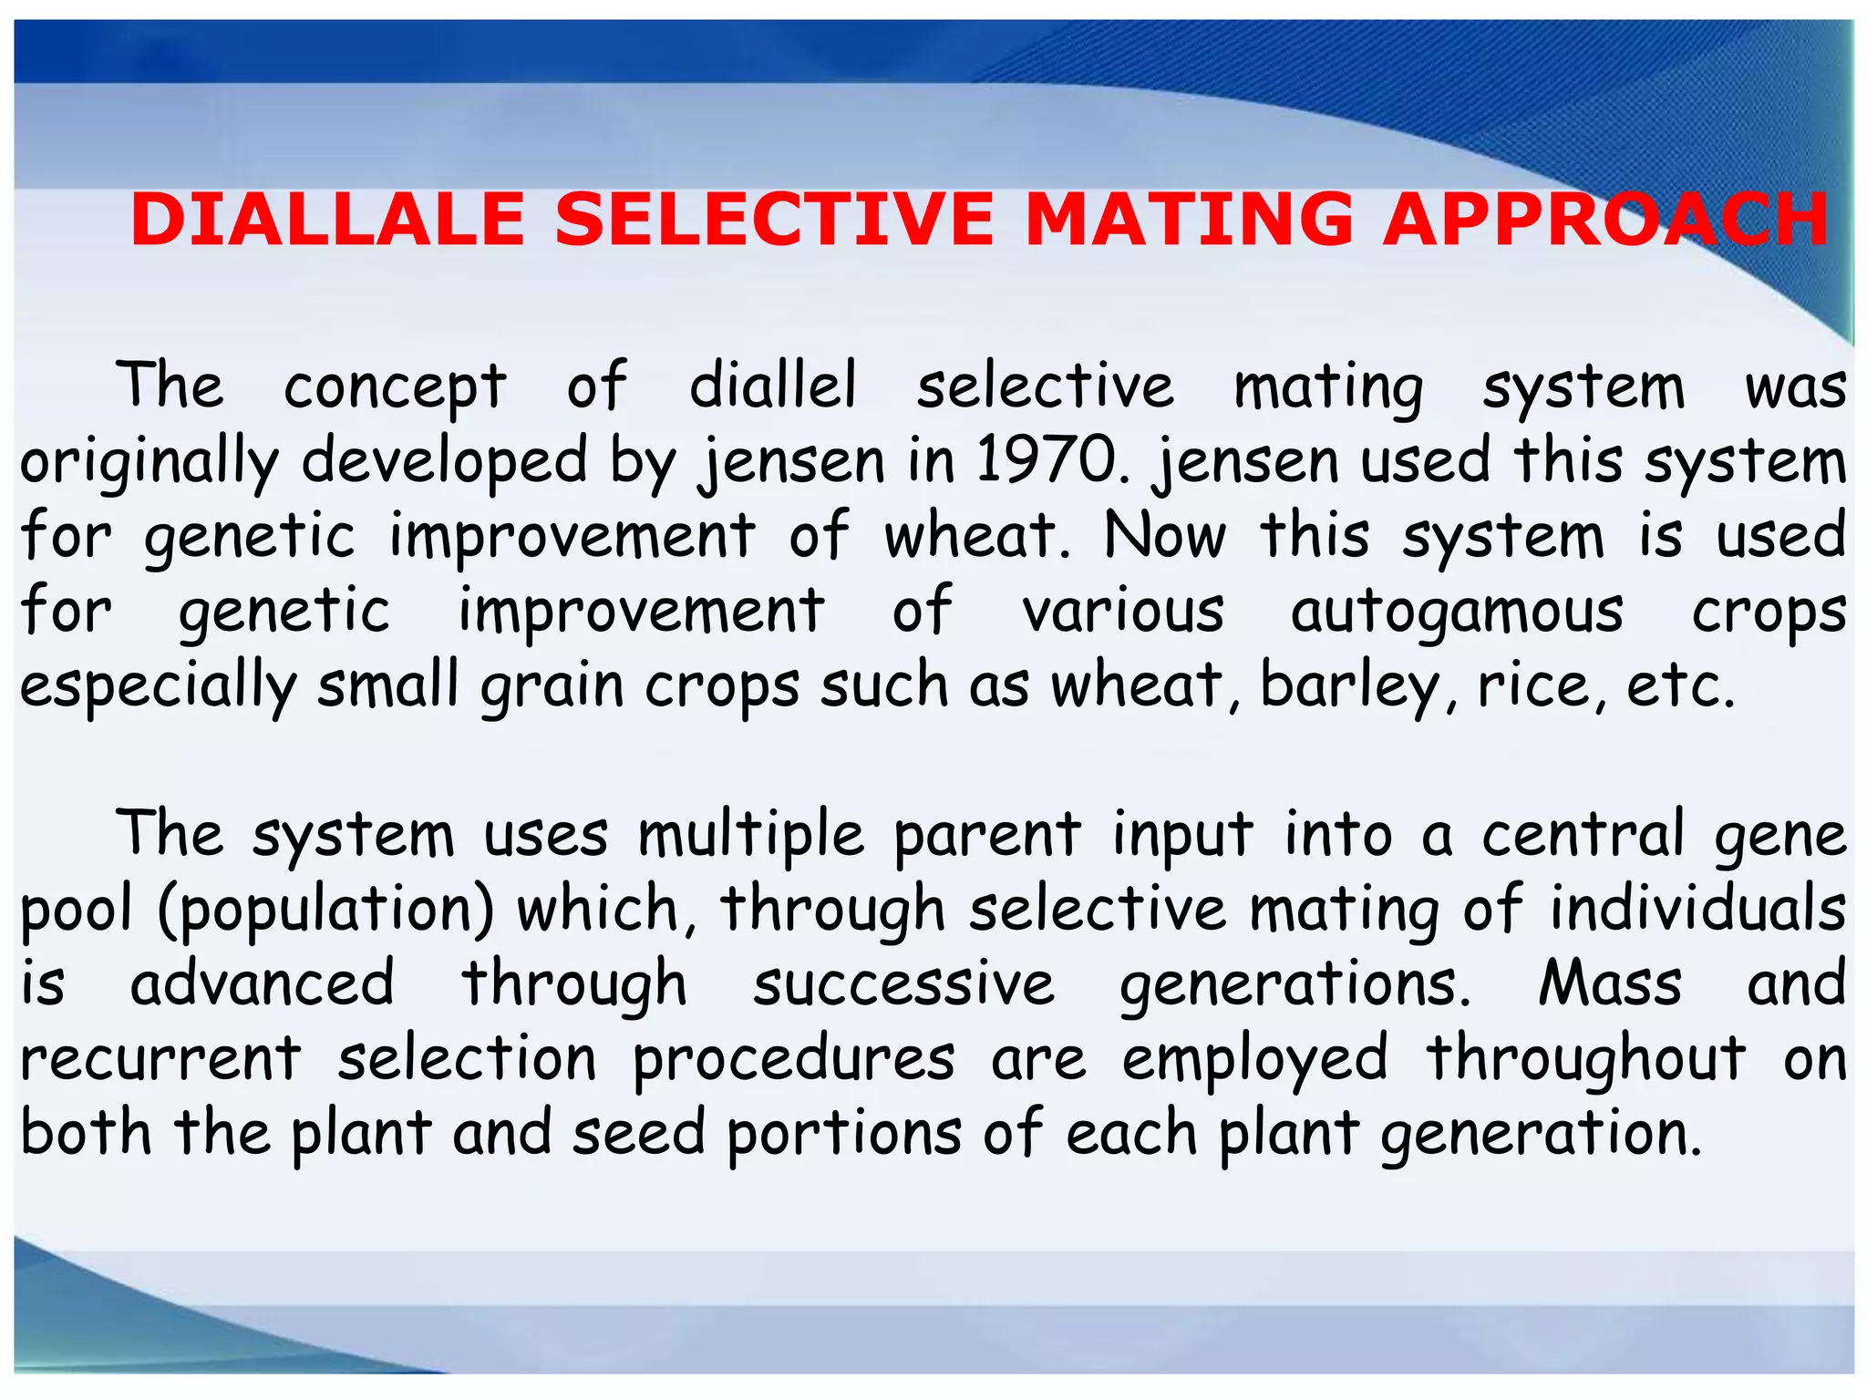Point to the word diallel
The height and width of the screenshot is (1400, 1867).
click(773, 386)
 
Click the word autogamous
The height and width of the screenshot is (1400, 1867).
click(1457, 612)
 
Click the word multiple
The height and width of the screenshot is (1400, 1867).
click(750, 836)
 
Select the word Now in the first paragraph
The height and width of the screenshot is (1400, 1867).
click(1165, 537)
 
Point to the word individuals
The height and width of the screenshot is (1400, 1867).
click(1698, 911)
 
